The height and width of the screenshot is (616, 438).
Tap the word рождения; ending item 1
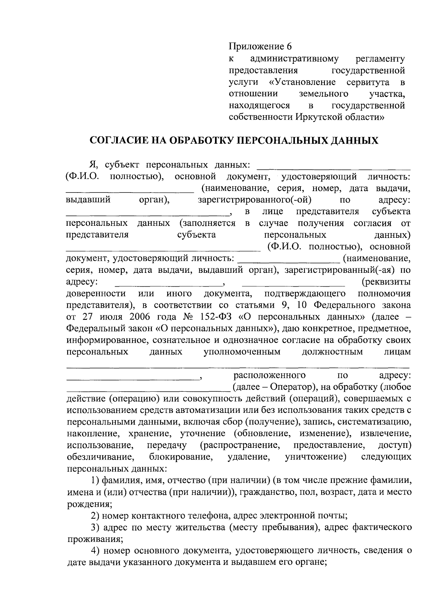(89, 504)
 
